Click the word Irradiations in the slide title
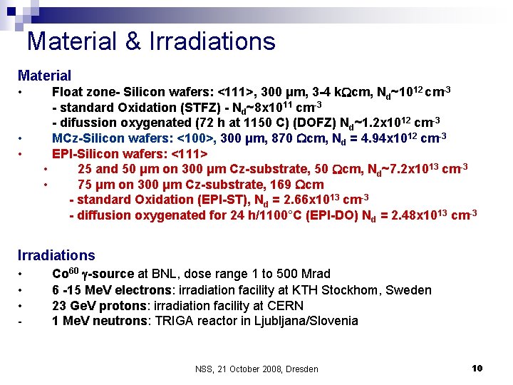[212, 41]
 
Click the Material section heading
[44, 75]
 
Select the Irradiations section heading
[56, 255]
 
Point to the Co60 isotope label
[66, 274]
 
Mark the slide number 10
[477, 368]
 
